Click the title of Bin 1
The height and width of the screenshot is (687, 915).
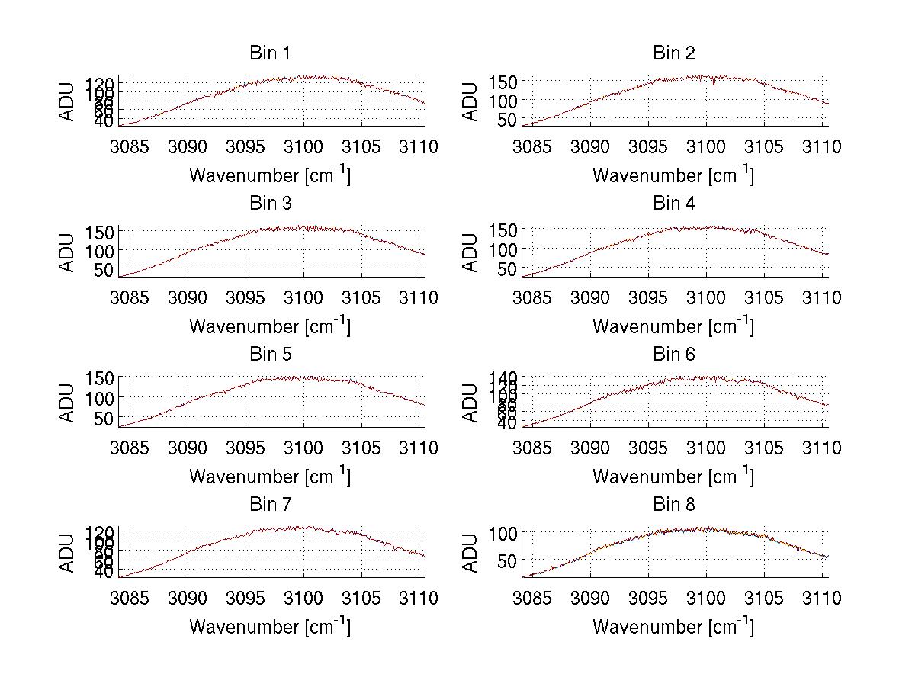270,53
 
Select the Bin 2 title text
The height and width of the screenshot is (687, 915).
674,53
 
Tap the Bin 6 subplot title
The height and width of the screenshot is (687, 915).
674,354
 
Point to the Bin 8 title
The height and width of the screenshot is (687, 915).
674,504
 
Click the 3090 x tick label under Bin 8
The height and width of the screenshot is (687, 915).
590,599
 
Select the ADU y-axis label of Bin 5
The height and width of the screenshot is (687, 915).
67,402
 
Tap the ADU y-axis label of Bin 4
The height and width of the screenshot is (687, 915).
470,252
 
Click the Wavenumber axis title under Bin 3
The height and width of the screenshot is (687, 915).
270,326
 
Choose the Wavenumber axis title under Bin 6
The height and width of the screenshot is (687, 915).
673,476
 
